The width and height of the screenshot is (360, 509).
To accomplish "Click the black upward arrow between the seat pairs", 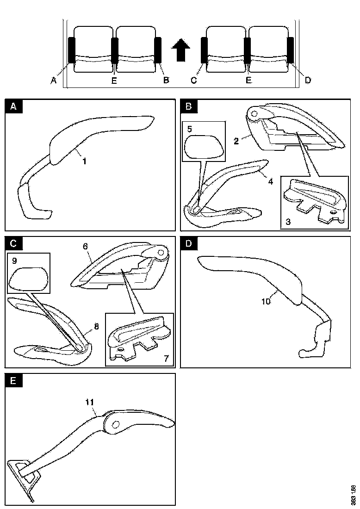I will click(181, 50).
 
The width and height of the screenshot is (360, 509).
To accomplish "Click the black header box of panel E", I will click(13, 381).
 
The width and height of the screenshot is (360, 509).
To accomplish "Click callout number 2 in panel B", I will click(236, 141).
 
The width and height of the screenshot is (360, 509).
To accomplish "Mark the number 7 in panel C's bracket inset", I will click(166, 359).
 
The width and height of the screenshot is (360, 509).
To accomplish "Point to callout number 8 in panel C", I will click(96, 326).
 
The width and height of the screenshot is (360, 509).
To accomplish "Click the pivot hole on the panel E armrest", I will click(114, 424).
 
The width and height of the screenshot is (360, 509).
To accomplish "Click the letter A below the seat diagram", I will click(54, 81).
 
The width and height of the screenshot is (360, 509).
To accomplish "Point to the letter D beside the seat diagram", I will click(308, 81).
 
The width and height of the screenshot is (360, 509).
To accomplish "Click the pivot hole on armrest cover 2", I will click(254, 112).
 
